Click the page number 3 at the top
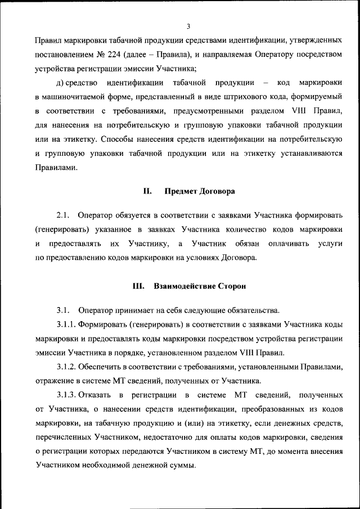[x=188, y=26]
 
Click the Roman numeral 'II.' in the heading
[x=148, y=191]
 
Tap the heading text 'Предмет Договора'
[x=200, y=191]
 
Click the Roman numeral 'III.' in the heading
[x=139, y=286]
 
